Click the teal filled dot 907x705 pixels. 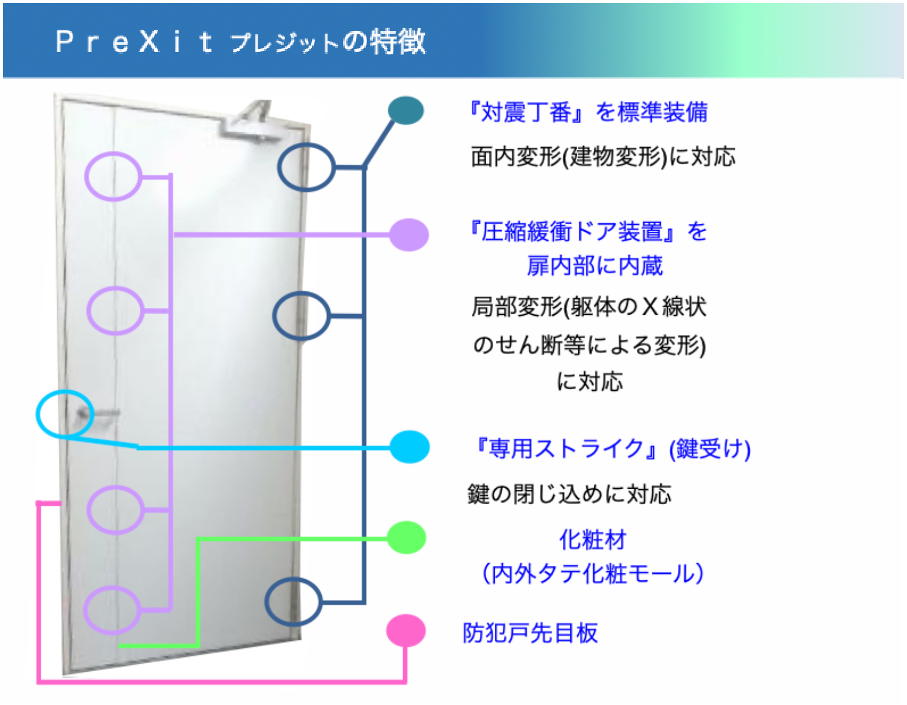pos(406,110)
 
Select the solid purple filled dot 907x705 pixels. pos(409,235)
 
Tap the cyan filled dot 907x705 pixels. pos(410,447)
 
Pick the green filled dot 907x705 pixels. pos(407,538)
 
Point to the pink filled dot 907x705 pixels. pos(406,631)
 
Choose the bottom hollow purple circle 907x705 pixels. pos(85,610)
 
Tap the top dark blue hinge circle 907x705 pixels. pos(279,167)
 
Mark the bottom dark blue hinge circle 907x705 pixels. pos(266,601)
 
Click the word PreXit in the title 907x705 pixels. pos(134,42)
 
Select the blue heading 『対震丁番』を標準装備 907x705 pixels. pos(588,112)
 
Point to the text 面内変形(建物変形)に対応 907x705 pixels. pos(603,156)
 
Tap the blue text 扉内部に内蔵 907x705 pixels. pos(595,266)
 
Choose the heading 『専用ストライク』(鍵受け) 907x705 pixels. pos(612,449)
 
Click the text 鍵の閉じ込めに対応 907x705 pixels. pos(569,494)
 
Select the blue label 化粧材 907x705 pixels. pos(593,539)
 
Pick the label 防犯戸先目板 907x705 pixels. pos(530,632)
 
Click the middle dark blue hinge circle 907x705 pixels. pos(274,316)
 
